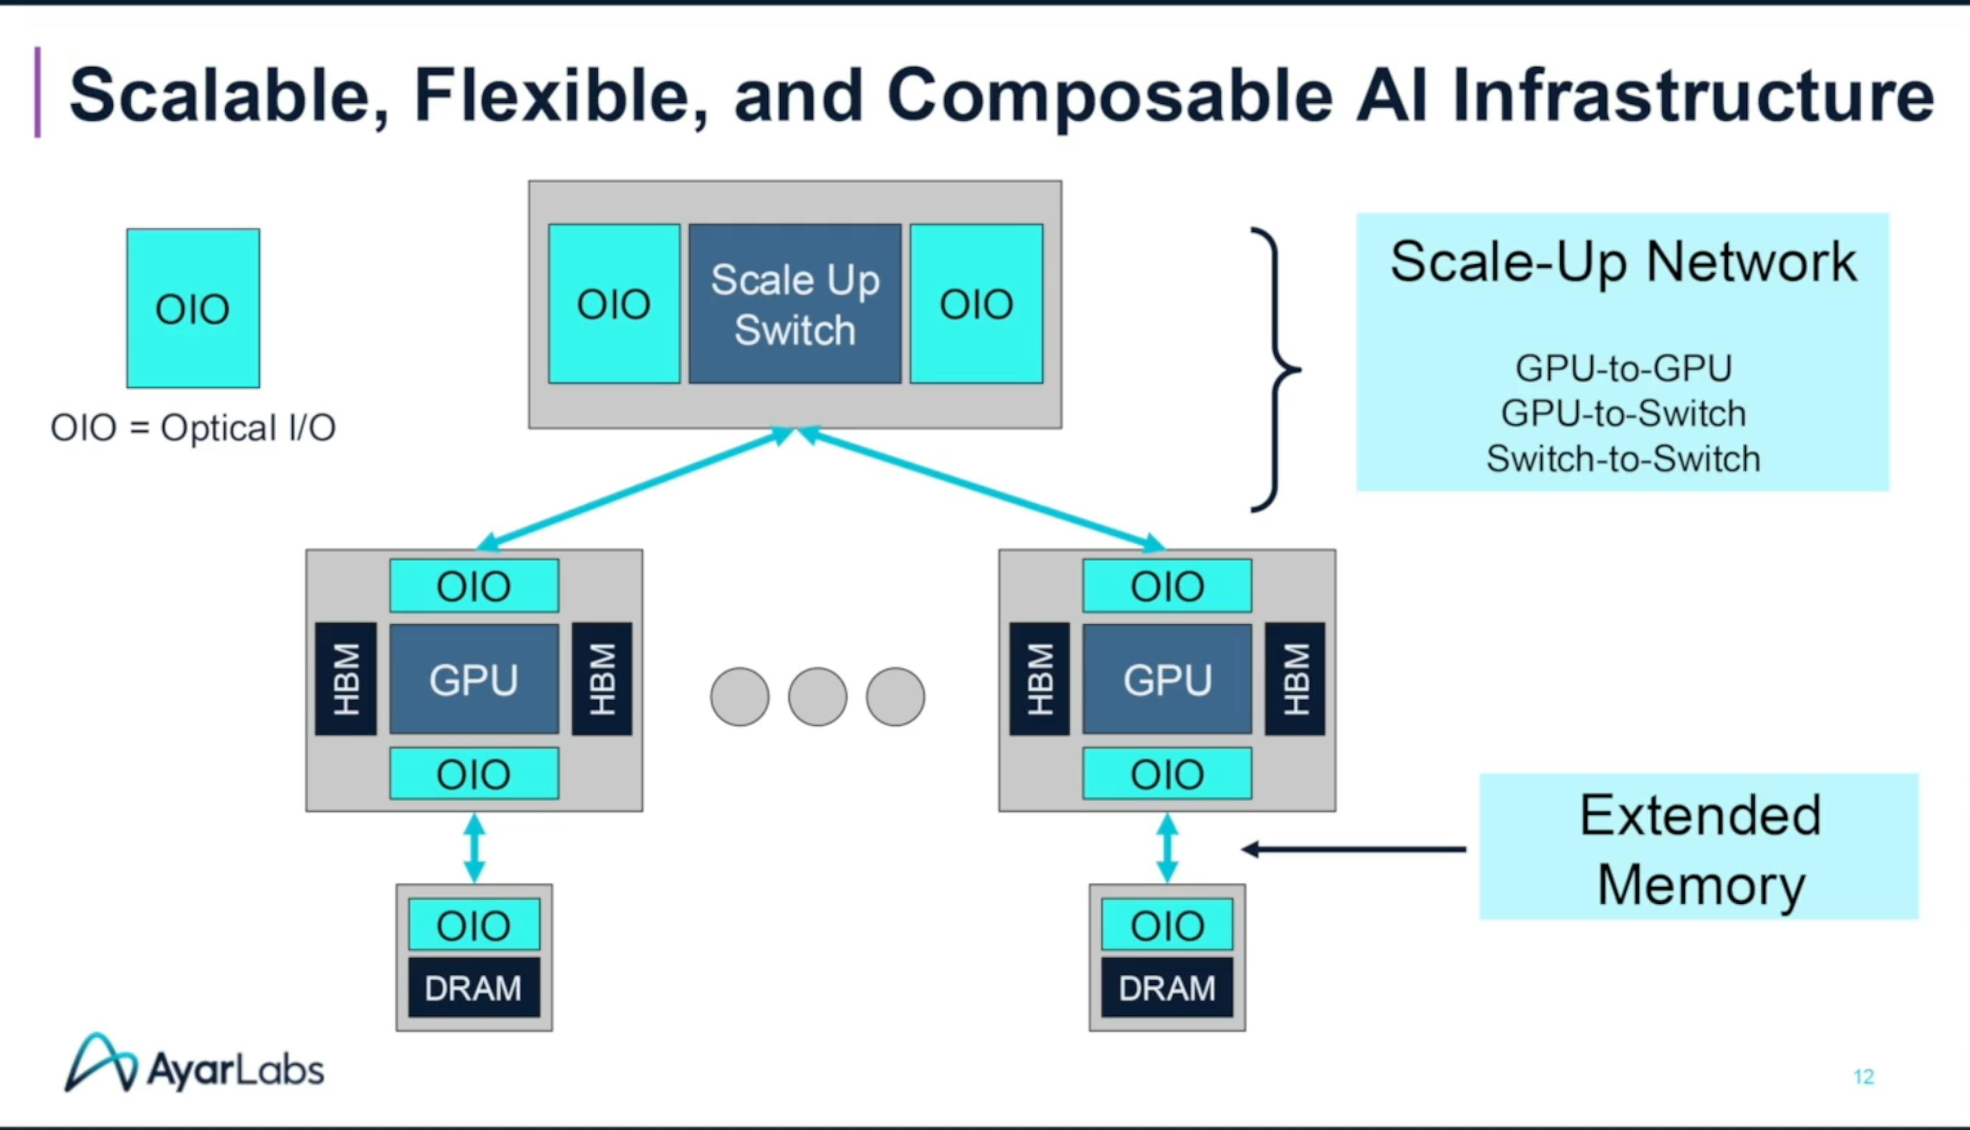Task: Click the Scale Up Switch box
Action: (x=795, y=304)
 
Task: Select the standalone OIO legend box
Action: (x=193, y=308)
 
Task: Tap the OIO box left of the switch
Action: (x=614, y=304)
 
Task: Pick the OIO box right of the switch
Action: (x=976, y=304)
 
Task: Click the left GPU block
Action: (x=474, y=679)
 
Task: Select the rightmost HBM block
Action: (x=1295, y=679)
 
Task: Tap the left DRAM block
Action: (x=474, y=987)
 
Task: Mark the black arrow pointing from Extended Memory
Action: (x=1354, y=849)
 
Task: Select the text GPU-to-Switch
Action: (x=1623, y=413)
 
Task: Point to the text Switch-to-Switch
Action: (x=1623, y=459)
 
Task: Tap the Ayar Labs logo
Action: (x=194, y=1063)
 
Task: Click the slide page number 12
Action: (x=1864, y=1077)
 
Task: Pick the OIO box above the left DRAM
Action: (x=474, y=924)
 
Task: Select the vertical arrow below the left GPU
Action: (x=474, y=847)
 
